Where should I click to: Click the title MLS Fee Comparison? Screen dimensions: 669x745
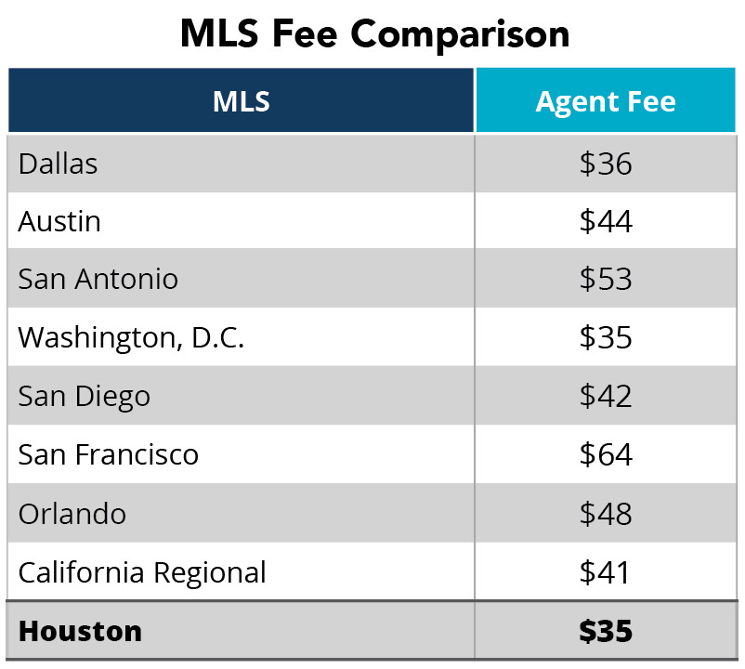tap(373, 33)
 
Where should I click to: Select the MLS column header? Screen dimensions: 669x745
tap(241, 100)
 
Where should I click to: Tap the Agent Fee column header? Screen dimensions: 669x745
tap(606, 100)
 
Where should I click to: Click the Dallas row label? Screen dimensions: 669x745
tap(58, 164)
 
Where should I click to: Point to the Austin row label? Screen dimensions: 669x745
tap(59, 221)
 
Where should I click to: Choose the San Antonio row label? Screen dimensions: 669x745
tap(98, 279)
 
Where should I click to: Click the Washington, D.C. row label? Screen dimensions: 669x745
tap(131, 337)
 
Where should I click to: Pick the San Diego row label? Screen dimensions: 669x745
tap(84, 396)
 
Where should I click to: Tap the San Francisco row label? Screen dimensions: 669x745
tap(108, 454)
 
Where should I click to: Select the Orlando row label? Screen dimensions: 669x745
tap(72, 513)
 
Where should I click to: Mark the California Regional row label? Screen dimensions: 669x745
tap(142, 571)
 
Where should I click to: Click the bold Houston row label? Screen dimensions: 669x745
tap(80, 631)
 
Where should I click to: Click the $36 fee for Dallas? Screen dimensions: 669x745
tap(606, 164)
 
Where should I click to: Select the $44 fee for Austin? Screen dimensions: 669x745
tap(606, 221)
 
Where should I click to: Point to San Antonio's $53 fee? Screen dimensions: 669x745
tap(606, 279)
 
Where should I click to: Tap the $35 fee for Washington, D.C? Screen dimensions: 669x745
tap(606, 337)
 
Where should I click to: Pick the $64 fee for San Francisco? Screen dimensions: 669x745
tap(606, 454)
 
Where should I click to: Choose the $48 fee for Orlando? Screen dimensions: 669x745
tap(606, 513)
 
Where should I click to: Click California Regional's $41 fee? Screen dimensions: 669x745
tap(606, 571)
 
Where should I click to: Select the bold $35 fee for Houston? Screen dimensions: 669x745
tap(606, 631)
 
